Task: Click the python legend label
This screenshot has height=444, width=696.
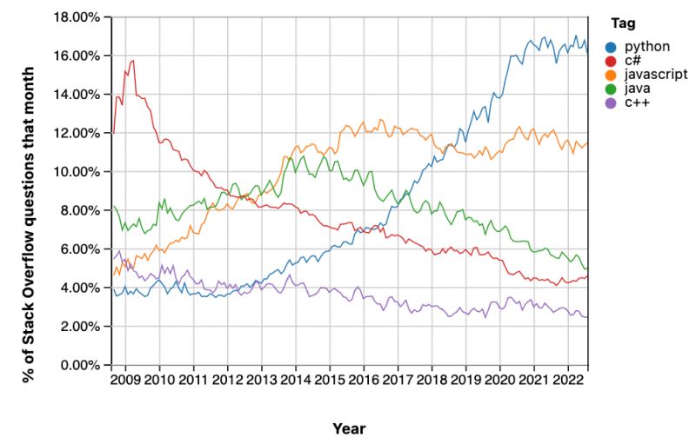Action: click(x=640, y=46)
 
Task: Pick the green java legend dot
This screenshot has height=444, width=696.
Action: click(x=612, y=89)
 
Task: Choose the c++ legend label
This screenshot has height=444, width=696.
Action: click(x=632, y=103)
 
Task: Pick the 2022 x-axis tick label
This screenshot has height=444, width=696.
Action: click(x=567, y=381)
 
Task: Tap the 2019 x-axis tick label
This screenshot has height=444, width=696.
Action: click(x=465, y=381)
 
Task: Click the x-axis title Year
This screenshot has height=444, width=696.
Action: click(x=349, y=428)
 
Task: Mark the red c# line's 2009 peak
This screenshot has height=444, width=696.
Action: click(x=132, y=60)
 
